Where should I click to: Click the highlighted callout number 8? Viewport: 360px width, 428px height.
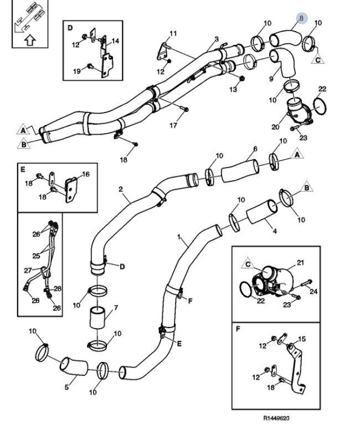tap(301, 18)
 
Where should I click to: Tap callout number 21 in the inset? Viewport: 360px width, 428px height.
tap(301, 262)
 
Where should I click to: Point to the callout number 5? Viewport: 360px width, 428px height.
tap(66, 387)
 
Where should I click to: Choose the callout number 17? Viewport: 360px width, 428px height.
tap(173, 125)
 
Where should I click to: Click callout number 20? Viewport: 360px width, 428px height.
tap(275, 126)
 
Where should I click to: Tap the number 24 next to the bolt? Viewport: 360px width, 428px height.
tap(313, 291)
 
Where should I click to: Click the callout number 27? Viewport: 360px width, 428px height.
tap(27, 271)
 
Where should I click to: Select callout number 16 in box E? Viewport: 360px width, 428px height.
tap(85, 174)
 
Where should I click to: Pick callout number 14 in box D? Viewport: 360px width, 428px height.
tap(115, 41)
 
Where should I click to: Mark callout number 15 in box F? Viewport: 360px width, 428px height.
tap(302, 339)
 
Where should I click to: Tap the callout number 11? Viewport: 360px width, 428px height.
tap(173, 34)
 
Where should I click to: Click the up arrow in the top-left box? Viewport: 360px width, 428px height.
tap(30, 39)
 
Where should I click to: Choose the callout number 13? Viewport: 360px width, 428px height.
tap(233, 89)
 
